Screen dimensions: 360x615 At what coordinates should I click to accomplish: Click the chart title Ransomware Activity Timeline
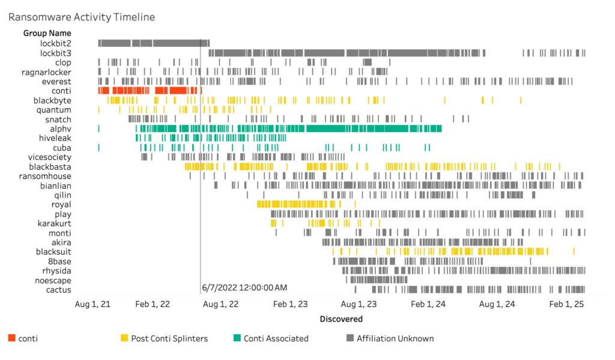click(81, 17)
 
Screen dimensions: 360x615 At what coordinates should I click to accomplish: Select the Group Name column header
click(47, 33)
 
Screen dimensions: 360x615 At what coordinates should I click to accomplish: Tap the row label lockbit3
click(55, 53)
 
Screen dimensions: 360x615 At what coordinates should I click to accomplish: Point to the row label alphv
click(60, 129)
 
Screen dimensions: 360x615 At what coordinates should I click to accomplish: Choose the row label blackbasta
click(50, 166)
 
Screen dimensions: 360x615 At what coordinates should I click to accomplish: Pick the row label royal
click(61, 204)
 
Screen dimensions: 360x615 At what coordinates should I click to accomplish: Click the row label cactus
click(59, 290)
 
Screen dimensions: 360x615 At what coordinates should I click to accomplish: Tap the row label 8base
click(59, 261)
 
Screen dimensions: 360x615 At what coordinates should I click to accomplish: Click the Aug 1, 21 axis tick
click(92, 305)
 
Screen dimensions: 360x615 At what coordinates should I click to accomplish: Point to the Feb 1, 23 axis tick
click(290, 305)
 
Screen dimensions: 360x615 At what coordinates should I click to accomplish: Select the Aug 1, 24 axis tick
click(497, 305)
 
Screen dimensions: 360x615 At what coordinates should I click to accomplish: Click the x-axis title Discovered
click(341, 319)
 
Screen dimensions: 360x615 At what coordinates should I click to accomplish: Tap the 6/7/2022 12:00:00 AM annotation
click(244, 288)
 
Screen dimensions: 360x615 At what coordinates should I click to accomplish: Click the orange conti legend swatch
click(11, 338)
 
